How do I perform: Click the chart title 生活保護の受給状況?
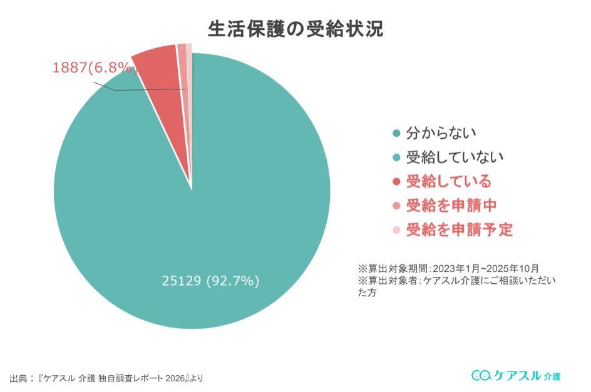(295, 29)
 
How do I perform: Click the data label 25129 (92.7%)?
(210, 281)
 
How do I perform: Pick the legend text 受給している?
(448, 181)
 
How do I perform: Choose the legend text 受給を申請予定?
(459, 229)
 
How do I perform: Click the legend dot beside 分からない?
(396, 133)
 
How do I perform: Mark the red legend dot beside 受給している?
(396, 182)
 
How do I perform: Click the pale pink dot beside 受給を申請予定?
(396, 230)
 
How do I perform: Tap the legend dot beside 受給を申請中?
(396, 206)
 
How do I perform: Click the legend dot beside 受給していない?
(396, 158)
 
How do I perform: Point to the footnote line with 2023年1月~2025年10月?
(448, 268)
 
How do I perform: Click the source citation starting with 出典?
(106, 378)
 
